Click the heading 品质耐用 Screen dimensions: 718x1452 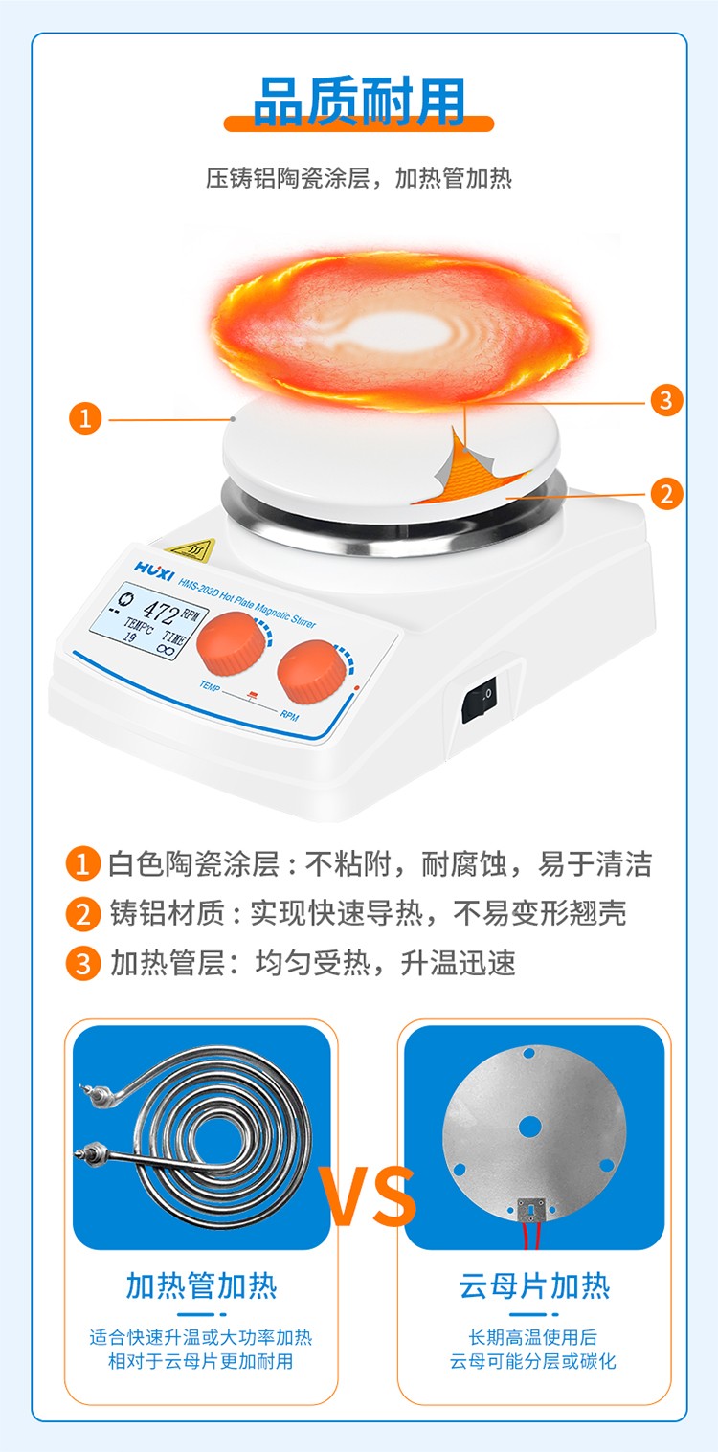pos(359,101)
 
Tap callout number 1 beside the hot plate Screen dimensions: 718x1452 pos(85,418)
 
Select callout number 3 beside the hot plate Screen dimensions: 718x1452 pos(665,400)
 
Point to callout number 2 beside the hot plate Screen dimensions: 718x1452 pos(666,494)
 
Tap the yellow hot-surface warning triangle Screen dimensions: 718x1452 pos(191,549)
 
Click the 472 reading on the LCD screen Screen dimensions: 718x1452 pos(160,610)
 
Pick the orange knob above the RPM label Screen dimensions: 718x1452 pos(311,672)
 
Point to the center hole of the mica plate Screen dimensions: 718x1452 pos(529,1127)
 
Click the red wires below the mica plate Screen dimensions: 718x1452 pos(531,1234)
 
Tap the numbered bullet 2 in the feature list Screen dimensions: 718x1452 pos(83,914)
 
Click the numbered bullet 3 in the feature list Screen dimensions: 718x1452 pos(83,963)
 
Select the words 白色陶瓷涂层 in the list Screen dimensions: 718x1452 pos(194,864)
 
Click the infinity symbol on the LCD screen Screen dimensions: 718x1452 pos(167,649)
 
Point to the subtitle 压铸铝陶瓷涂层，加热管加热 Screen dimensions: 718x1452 pos(359,178)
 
